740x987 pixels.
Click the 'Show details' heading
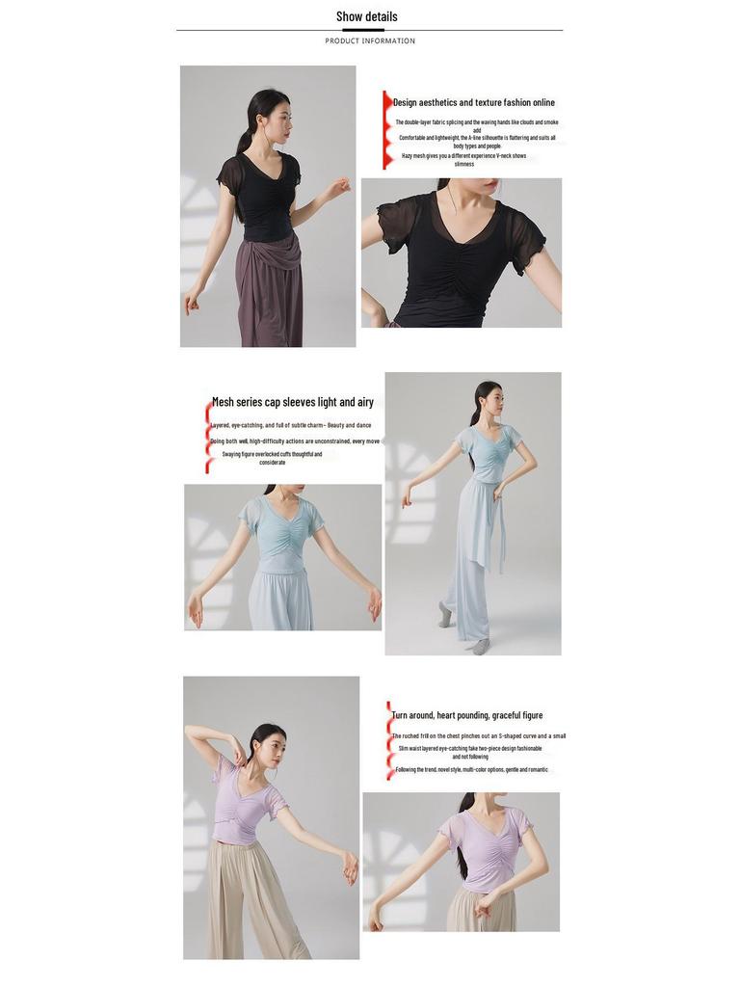point(366,16)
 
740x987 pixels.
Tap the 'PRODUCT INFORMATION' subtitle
point(370,41)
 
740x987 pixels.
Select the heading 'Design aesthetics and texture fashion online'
point(473,102)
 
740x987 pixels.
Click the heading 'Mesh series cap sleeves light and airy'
point(293,402)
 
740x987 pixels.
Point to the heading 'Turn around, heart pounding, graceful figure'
point(466,715)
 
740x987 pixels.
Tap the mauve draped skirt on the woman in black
point(267,289)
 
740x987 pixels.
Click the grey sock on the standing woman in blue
point(445,614)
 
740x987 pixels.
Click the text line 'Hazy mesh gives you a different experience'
point(463,155)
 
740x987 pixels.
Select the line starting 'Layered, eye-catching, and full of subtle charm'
point(291,425)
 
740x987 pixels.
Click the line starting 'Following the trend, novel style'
point(471,769)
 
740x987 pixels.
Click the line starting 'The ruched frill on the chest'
point(478,735)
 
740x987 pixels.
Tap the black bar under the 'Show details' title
point(363,30)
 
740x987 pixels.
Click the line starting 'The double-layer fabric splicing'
point(476,122)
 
